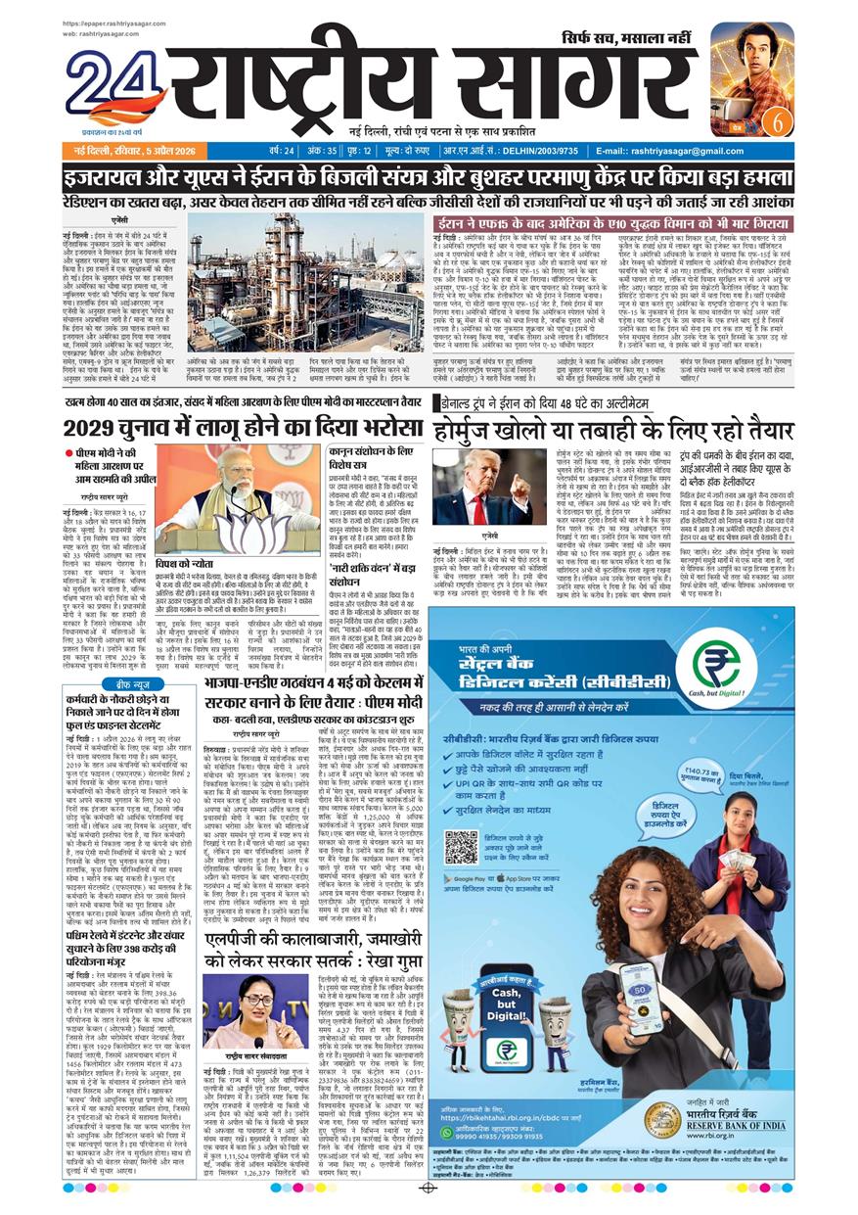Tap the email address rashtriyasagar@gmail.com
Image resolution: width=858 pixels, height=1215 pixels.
click(x=678, y=151)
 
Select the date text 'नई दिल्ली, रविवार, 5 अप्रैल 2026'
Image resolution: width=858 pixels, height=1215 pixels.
click(x=133, y=151)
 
